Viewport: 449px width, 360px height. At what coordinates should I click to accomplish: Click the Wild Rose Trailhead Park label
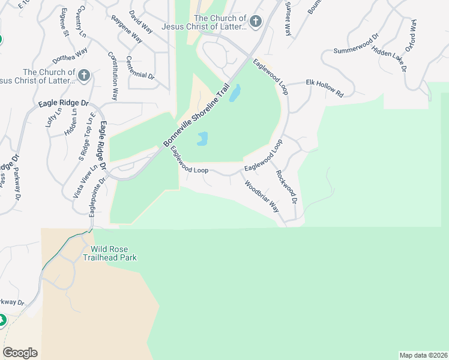[114, 253]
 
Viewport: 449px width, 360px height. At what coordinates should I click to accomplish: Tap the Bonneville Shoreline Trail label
[197, 116]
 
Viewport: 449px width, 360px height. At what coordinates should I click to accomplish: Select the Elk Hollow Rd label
[324, 88]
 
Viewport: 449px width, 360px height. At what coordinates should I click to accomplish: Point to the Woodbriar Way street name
[261, 196]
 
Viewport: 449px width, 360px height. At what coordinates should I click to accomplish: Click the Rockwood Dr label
[286, 185]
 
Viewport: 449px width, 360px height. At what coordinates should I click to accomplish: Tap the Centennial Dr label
[140, 68]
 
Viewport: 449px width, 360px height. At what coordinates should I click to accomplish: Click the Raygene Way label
[127, 29]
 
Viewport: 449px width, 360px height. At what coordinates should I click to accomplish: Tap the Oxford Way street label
[411, 35]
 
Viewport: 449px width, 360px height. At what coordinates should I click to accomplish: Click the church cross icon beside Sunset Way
[255, 22]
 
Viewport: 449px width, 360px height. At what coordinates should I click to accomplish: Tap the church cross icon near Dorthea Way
[84, 76]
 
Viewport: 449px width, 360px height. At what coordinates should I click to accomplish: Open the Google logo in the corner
[20, 353]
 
